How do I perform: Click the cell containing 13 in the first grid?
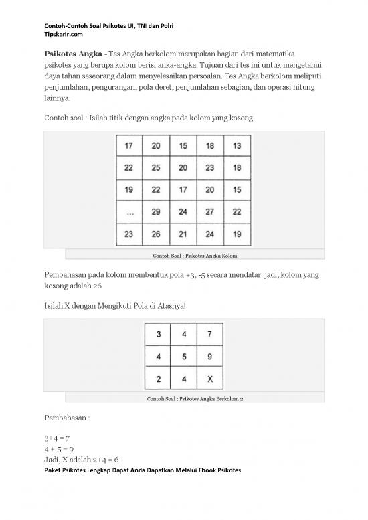click(237, 145)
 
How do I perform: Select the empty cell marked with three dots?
click(130, 211)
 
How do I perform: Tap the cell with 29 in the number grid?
click(156, 211)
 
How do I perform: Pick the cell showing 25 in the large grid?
click(156, 167)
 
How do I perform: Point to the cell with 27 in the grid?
click(210, 211)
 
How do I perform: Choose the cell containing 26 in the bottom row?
click(156, 234)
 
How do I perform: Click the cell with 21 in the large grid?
click(183, 234)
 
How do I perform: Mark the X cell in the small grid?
click(209, 379)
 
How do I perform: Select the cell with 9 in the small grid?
click(209, 357)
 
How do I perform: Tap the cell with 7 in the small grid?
click(209, 335)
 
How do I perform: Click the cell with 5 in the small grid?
click(183, 357)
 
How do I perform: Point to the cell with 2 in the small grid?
click(157, 379)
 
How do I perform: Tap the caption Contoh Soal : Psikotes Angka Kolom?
click(195, 256)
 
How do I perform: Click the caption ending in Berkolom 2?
click(195, 400)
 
